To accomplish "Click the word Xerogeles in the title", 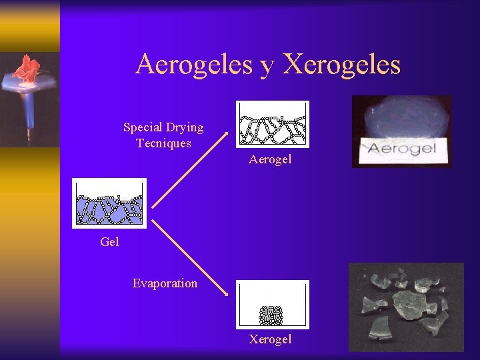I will (342, 65).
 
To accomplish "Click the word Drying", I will (186, 128).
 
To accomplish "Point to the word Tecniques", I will (163, 143).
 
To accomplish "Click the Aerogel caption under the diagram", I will (270, 160).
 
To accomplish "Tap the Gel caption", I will (109, 242).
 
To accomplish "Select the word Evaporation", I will (165, 283).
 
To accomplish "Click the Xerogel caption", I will (270, 339).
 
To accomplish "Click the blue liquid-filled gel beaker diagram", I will (109, 204).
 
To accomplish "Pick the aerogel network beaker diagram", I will (273, 124).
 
